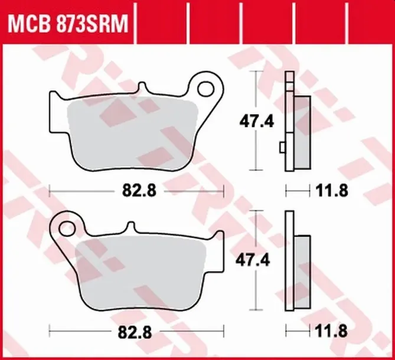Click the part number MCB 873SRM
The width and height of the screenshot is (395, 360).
tap(68, 24)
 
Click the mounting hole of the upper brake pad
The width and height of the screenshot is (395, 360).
tap(206, 89)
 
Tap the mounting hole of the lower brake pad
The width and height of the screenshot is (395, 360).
tap(67, 229)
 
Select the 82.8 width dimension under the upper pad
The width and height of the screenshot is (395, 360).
tap(139, 191)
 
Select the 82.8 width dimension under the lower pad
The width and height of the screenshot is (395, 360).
tap(135, 332)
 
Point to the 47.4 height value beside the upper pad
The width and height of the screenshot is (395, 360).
tap(256, 122)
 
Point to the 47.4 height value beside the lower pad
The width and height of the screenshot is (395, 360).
tap(253, 260)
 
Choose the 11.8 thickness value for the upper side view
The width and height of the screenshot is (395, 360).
tap(332, 191)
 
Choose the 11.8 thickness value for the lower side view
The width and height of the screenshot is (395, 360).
tap(331, 331)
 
